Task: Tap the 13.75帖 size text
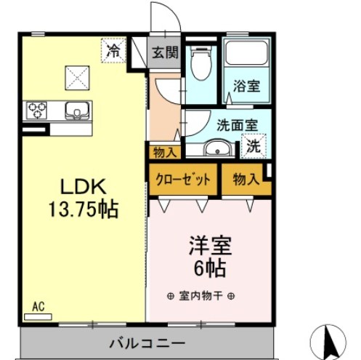[80, 209]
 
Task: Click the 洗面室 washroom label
[237, 124]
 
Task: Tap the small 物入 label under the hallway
[163, 152]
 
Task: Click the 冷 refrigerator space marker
[113, 51]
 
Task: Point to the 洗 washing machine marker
[253, 144]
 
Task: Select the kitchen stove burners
[37, 110]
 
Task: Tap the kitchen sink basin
[76, 111]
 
